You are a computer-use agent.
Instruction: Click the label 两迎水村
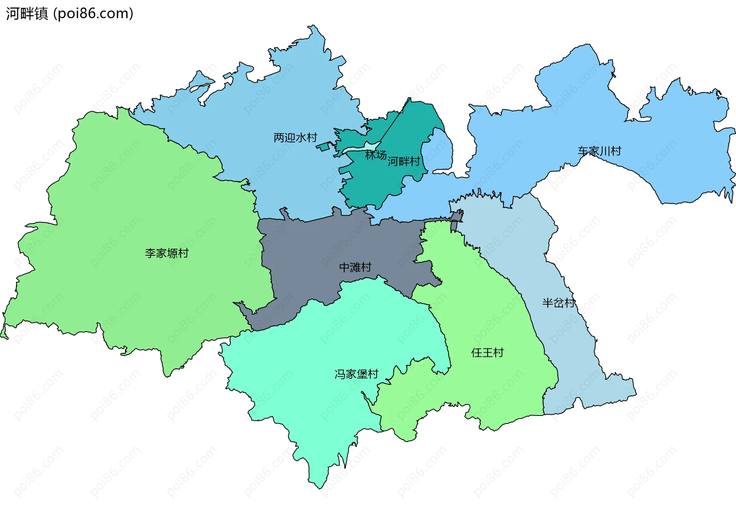click(295, 137)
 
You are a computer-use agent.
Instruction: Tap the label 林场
click(376, 155)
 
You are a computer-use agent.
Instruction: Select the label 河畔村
click(404, 161)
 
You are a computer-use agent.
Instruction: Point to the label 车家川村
click(599, 151)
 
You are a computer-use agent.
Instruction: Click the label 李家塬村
click(167, 253)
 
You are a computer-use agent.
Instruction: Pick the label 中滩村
click(355, 267)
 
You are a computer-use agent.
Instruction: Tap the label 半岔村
click(558, 303)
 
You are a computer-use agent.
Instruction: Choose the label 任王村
click(487, 352)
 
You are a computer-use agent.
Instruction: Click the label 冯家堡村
click(356, 374)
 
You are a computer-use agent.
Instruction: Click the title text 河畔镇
click(27, 13)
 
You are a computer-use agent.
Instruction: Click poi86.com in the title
click(93, 13)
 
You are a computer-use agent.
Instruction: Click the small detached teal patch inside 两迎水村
click(324, 146)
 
